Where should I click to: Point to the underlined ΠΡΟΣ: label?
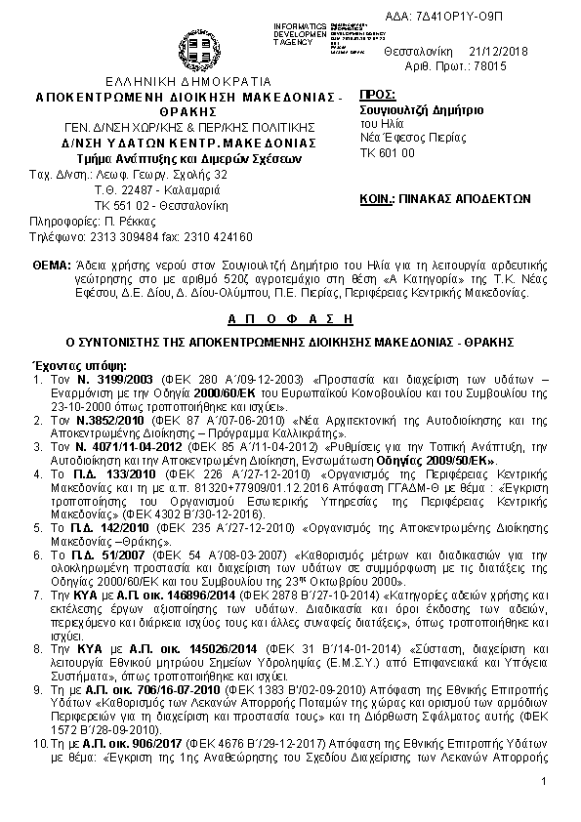click(378, 95)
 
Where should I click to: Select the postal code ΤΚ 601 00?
click(388, 153)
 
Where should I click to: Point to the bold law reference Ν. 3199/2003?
click(101, 377)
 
